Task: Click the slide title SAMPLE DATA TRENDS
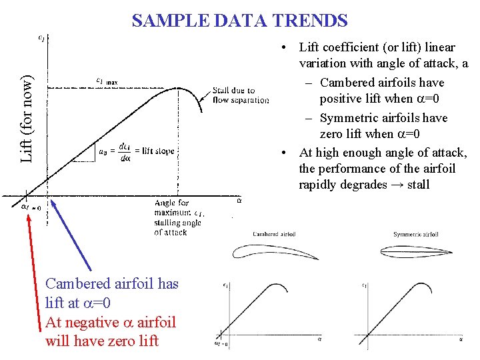(x=239, y=21)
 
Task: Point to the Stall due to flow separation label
(x=241, y=95)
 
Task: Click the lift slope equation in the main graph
(x=137, y=151)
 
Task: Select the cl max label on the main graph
(x=107, y=81)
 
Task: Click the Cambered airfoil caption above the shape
(x=275, y=234)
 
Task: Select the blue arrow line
(x=72, y=233)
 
